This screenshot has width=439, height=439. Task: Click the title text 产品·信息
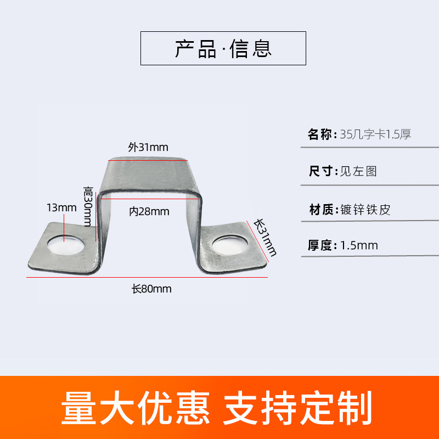tap(223, 48)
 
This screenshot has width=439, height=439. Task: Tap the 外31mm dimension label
tap(148, 147)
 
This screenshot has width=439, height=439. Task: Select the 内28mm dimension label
tap(149, 211)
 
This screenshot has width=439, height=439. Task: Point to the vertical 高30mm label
tap(88, 206)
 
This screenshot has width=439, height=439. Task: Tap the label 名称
tap(320, 134)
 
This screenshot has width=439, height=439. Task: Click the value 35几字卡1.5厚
tap(375, 134)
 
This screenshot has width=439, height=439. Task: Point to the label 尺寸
tap(320, 171)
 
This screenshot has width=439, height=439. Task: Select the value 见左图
tap(358, 171)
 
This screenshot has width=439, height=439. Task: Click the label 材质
tap(320, 209)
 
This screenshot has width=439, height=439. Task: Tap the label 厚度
tap(320, 245)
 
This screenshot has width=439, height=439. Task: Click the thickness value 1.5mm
tap(359, 245)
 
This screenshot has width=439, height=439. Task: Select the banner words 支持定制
tap(297, 407)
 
